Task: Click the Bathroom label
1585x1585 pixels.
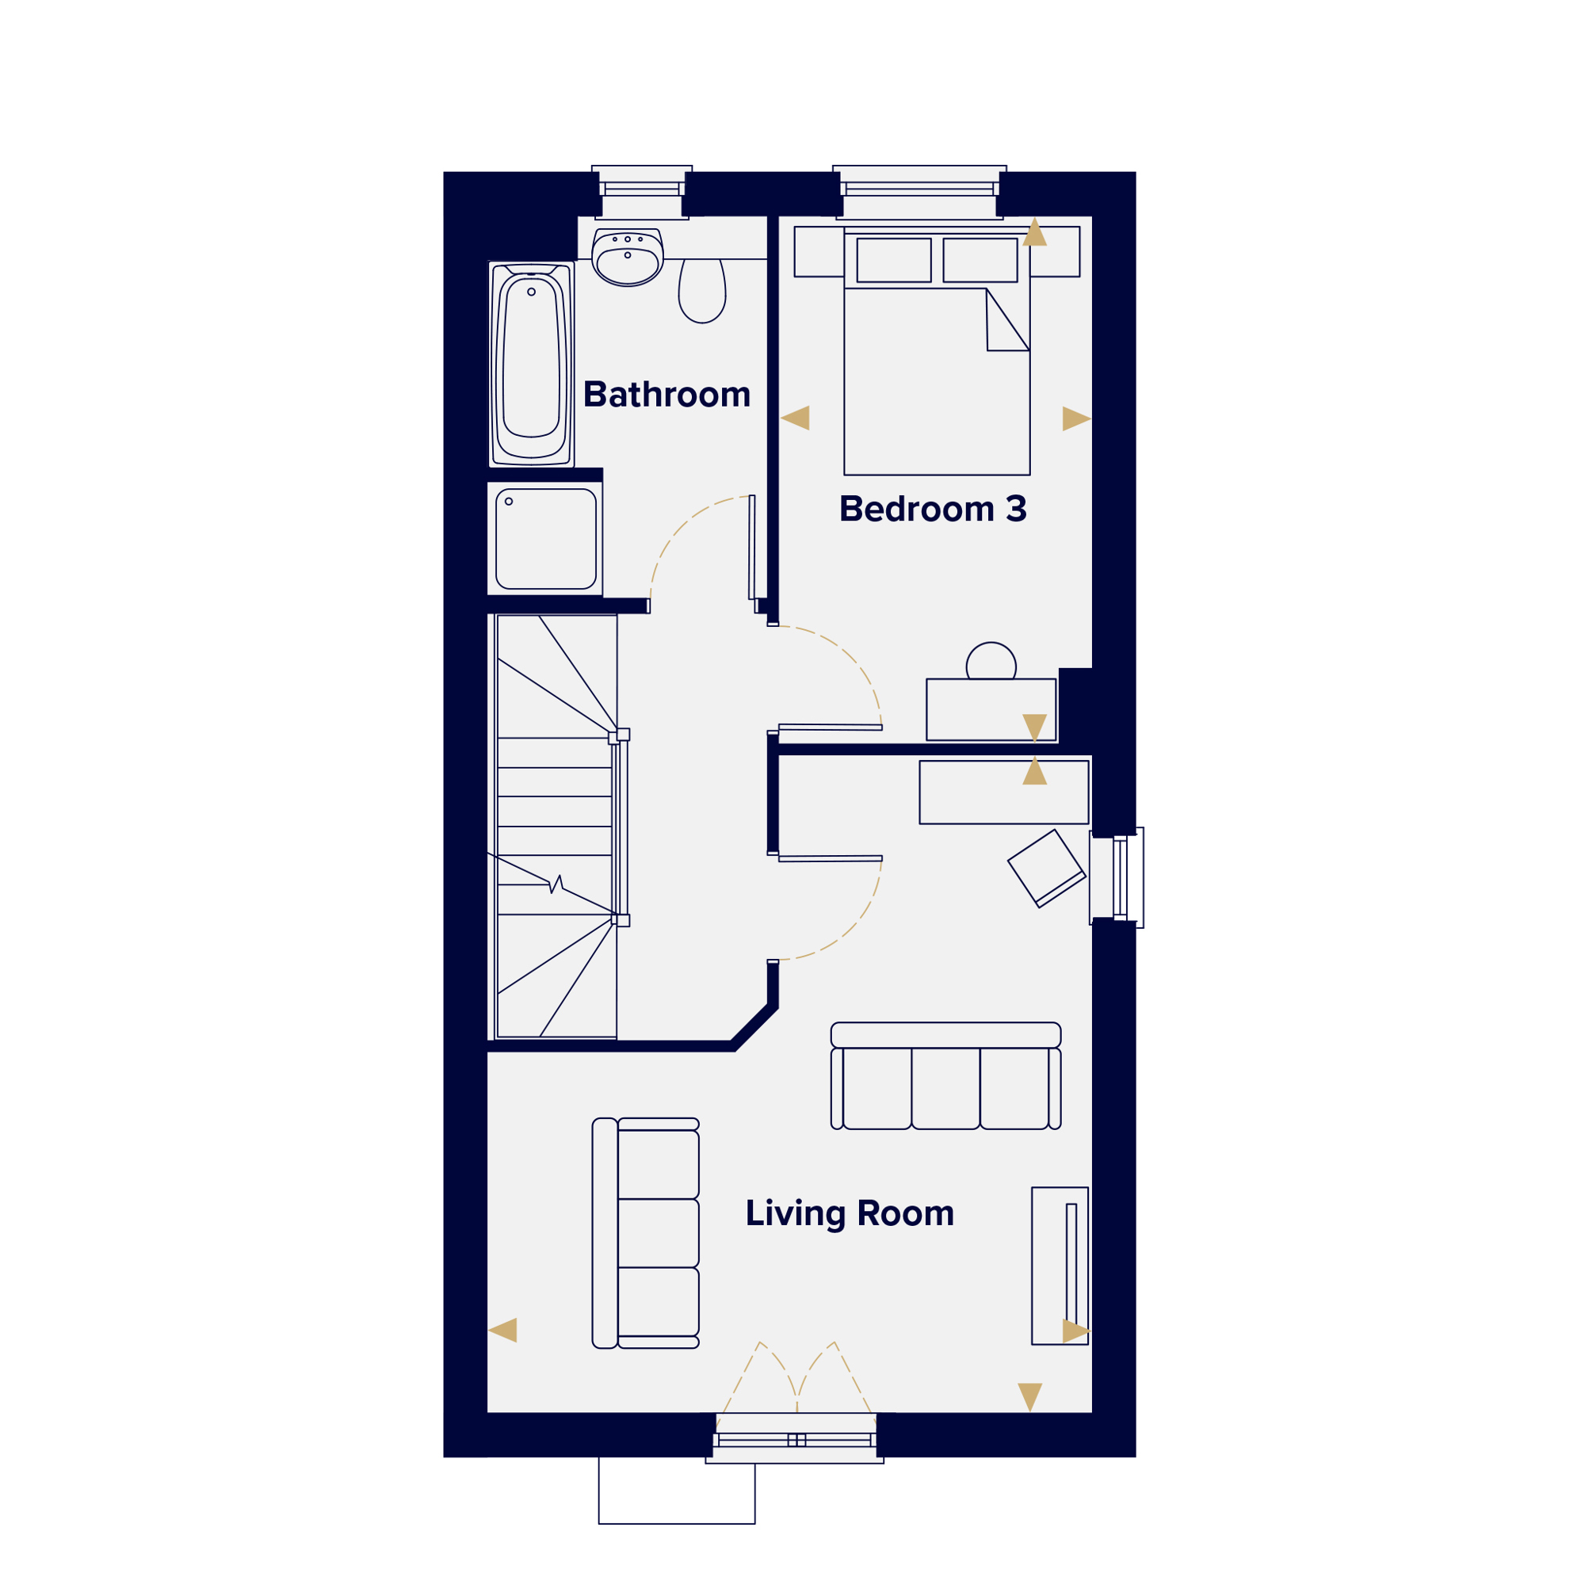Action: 667,395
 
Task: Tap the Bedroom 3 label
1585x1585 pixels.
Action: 933,509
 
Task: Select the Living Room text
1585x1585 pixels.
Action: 850,1213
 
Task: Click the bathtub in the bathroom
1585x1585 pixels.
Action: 532,365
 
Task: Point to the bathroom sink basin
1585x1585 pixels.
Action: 628,257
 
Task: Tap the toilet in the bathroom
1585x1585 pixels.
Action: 702,290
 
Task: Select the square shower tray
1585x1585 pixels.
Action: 546,539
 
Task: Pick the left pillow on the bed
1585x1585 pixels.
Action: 894,260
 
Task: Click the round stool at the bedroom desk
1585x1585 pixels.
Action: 991,659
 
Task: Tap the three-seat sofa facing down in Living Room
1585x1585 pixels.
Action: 946,1075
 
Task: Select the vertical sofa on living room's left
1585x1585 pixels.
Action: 646,1233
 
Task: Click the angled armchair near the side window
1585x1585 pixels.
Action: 1047,869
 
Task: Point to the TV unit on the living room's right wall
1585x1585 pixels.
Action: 1060,1266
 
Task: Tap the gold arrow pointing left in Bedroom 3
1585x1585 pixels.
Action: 795,418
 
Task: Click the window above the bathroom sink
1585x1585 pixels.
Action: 643,192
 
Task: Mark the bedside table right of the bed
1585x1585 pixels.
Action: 1055,252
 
